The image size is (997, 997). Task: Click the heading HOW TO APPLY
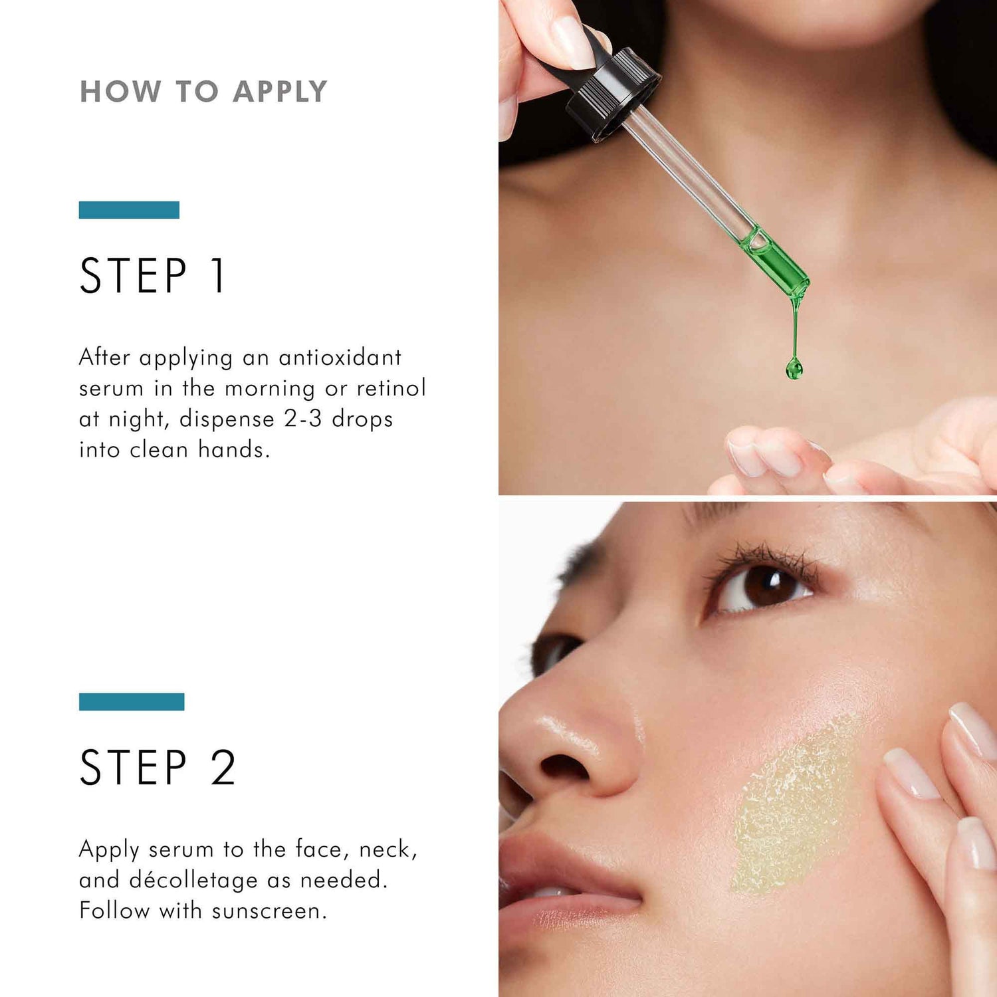point(203,92)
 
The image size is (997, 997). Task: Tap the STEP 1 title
point(153,276)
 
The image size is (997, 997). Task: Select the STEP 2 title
point(158,768)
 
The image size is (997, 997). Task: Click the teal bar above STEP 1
point(129,210)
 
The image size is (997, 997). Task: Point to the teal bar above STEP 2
point(132,702)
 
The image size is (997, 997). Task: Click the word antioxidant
point(340,358)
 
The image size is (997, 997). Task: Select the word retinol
point(391,388)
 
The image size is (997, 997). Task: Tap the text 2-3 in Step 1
point(303,419)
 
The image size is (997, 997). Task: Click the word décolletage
point(193,880)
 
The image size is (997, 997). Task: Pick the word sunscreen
point(269,911)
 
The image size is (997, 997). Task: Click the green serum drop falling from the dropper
point(794,367)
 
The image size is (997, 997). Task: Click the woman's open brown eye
point(764,585)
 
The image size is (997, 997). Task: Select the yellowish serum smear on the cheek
point(794,808)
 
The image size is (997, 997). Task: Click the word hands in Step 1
point(234,450)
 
